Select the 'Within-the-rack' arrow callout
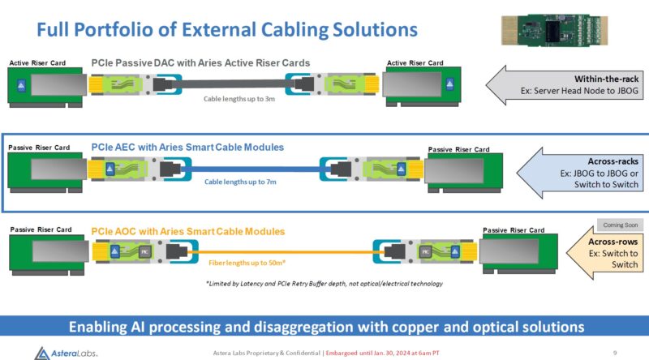tap(564, 84)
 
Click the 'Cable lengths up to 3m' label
tap(239, 101)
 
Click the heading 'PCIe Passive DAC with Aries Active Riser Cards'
tap(200, 63)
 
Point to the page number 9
tap(616, 352)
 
